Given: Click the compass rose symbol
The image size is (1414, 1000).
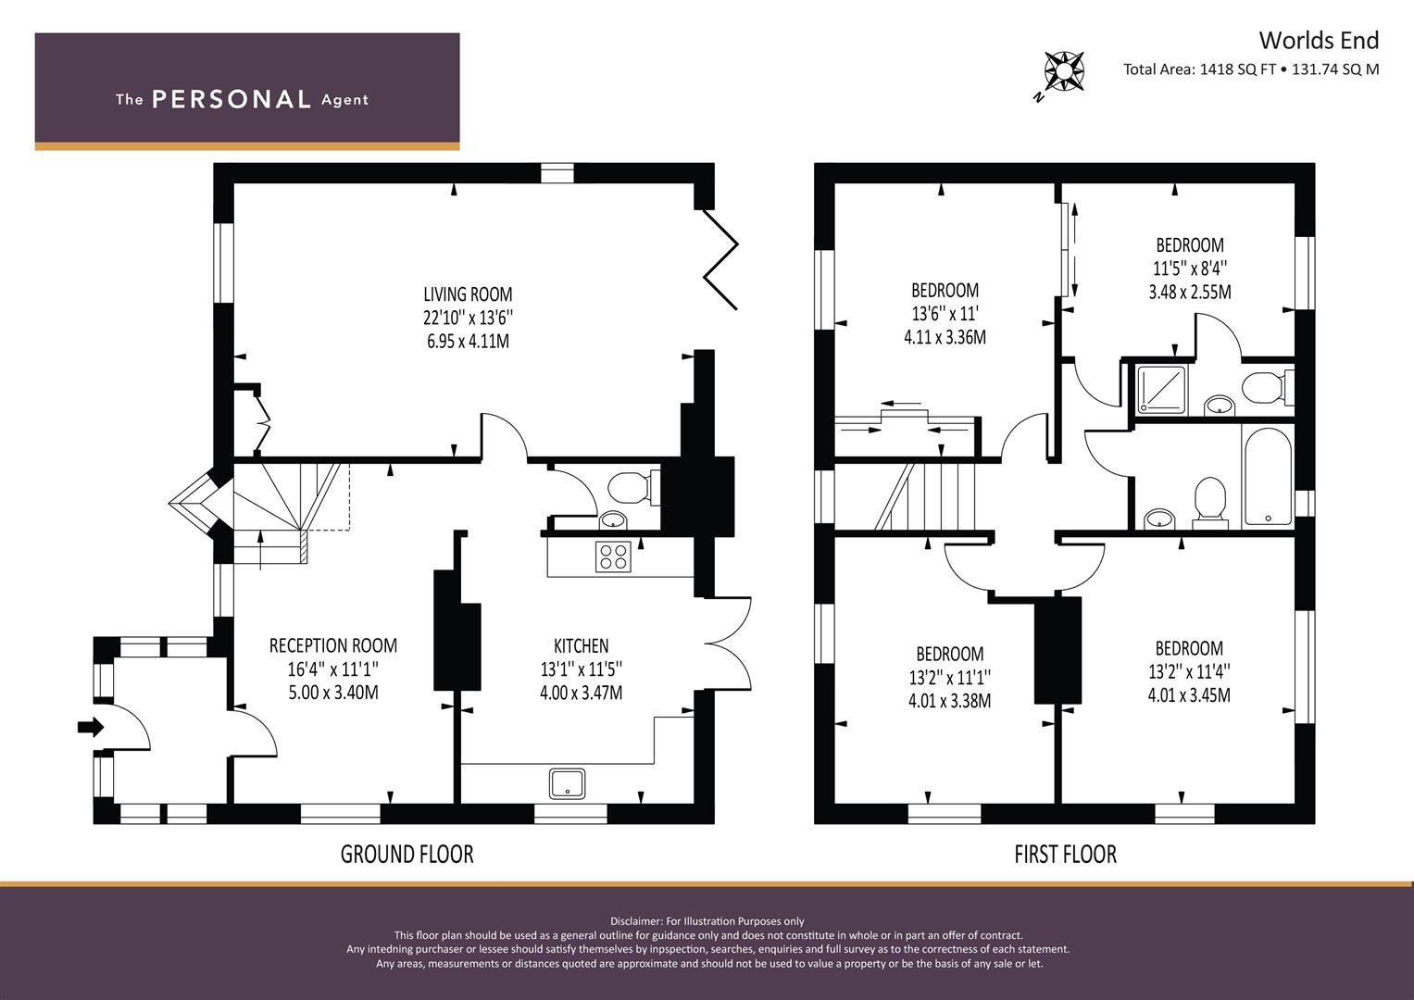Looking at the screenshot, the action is click(1064, 70).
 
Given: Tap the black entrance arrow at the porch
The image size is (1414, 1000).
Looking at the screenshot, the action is click(90, 727).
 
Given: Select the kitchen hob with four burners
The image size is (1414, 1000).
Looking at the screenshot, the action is click(613, 556).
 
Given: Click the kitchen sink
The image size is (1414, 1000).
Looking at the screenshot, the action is click(567, 783).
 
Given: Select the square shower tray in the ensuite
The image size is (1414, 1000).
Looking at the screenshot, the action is click(1162, 390).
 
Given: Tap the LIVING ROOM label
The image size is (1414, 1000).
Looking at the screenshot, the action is click(468, 294).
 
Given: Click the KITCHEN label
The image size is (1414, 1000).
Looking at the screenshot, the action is click(582, 646).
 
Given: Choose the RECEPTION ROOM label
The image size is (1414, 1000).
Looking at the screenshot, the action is click(333, 645).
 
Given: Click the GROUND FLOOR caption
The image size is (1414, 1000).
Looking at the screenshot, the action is click(407, 854).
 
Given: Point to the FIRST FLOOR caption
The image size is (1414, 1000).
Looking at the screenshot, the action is click(1066, 854).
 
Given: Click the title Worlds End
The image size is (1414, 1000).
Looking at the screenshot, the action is click(1319, 41).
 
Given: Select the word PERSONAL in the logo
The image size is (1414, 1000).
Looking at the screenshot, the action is click(231, 99).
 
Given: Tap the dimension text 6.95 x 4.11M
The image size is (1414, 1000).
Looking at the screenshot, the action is click(468, 341).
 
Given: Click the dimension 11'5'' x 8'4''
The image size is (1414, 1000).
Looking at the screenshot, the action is click(1190, 269).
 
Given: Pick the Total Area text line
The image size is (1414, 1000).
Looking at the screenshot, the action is click(1251, 69).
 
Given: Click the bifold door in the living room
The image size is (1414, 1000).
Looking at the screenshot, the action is click(720, 259).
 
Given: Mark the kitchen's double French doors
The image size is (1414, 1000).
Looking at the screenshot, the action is click(729, 644).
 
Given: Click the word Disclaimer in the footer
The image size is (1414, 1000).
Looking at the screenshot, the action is click(636, 921).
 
